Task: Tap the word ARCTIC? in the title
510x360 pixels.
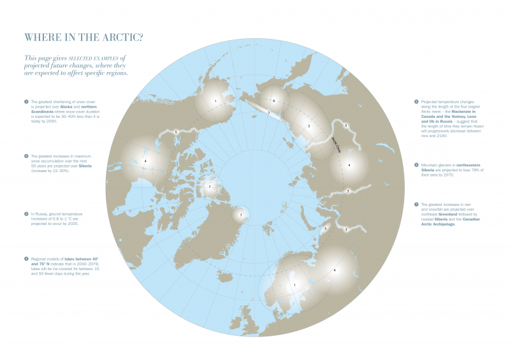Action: point(121,36)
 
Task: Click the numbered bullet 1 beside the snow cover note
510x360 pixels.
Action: point(26,101)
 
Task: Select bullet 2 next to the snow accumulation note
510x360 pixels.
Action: point(26,155)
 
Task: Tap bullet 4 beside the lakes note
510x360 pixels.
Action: point(26,258)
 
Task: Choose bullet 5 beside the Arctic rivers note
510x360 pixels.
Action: point(416,101)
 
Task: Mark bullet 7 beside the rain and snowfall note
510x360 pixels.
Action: point(416,204)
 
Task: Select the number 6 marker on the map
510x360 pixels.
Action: point(273,101)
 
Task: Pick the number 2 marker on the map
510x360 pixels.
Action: point(309,126)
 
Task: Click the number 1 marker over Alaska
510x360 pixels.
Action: point(215,101)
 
